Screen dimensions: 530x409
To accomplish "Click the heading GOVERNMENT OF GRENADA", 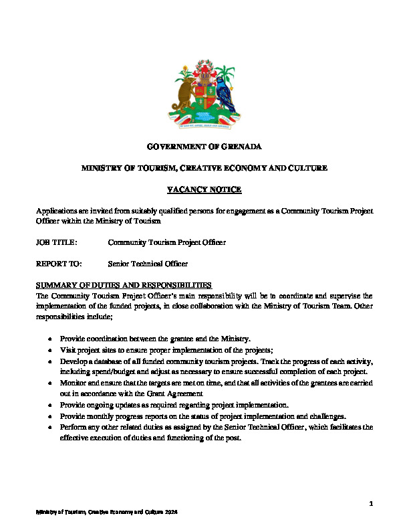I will [x=204, y=146].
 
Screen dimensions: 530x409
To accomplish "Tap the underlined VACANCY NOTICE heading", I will [x=204, y=190].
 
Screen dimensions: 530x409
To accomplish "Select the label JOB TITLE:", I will [x=57, y=242].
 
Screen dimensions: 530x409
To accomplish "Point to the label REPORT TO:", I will [x=58, y=264].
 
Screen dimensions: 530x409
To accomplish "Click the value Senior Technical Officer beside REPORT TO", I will [x=148, y=264].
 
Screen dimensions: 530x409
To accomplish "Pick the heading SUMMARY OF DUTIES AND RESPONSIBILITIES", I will [x=124, y=285].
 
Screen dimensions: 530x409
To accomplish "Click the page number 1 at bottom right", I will [x=370, y=502].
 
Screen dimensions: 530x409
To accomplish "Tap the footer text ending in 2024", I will [x=107, y=512].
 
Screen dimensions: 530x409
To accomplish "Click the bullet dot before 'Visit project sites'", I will [x=50, y=350].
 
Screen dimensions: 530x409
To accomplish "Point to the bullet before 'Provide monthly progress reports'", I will [x=50, y=416].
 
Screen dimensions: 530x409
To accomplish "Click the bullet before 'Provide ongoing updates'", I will [x=50, y=405].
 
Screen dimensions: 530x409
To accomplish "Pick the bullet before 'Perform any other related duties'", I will [x=50, y=426].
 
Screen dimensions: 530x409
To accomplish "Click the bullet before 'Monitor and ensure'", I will [x=50, y=383].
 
